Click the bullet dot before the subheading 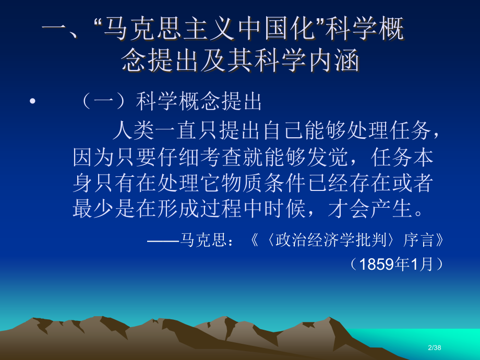click(33, 102)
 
